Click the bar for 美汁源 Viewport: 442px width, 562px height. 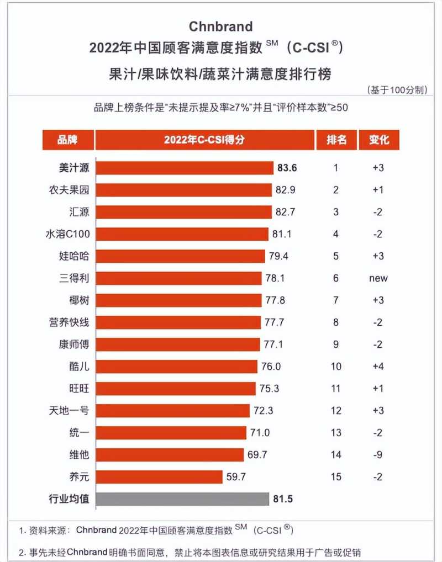185,168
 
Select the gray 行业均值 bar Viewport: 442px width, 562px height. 182,499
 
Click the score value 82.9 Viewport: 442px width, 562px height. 286,190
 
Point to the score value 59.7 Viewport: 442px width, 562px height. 235,477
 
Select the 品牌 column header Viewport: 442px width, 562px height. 67,140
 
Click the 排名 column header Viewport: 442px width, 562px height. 336,140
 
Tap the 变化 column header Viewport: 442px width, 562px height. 378,140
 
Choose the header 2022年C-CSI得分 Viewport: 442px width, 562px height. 204,140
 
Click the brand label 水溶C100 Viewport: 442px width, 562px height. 67,234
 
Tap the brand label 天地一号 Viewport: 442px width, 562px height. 70,411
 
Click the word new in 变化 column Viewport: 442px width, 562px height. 378,278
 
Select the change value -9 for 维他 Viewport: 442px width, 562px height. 378,455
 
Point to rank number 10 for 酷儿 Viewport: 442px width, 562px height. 336,367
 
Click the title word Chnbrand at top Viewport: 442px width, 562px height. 220,26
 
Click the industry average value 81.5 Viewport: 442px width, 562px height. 282,499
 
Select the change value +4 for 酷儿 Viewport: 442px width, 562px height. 378,367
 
